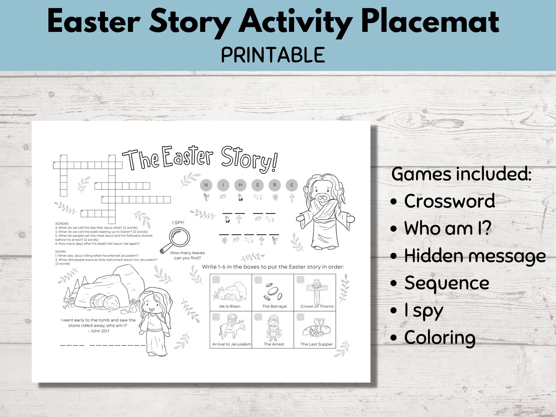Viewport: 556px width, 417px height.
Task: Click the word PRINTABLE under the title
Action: (x=273, y=55)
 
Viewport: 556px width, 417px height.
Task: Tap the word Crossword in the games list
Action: (x=449, y=201)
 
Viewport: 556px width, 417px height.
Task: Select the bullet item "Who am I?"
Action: (x=447, y=228)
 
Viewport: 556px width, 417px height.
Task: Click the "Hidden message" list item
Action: (x=474, y=256)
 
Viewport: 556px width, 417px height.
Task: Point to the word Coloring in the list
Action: (x=440, y=338)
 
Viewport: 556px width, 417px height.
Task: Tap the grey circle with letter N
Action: (x=206, y=185)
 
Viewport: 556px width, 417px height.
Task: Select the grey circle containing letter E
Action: (x=292, y=185)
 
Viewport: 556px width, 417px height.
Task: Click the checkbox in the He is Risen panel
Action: (x=216, y=280)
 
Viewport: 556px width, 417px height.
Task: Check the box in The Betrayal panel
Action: (x=258, y=280)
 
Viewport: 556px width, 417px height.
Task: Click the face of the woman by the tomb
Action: (x=151, y=305)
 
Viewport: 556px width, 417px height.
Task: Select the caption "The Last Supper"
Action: (x=317, y=344)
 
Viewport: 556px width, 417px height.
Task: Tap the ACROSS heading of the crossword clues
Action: (x=62, y=223)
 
